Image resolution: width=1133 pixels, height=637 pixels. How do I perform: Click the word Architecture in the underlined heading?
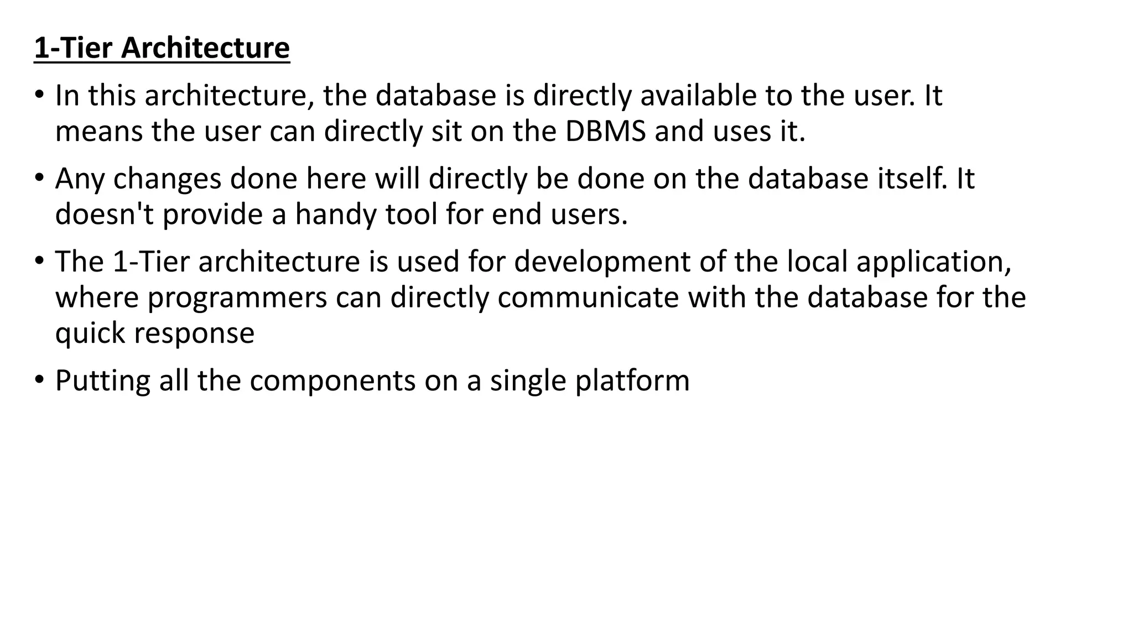point(205,48)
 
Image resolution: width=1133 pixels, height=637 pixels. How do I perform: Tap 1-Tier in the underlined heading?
point(74,48)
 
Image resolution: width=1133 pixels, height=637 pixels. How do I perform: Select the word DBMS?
point(606,132)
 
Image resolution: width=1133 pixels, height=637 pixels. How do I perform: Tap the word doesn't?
point(105,214)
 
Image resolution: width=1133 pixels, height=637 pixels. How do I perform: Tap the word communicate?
point(588,297)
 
